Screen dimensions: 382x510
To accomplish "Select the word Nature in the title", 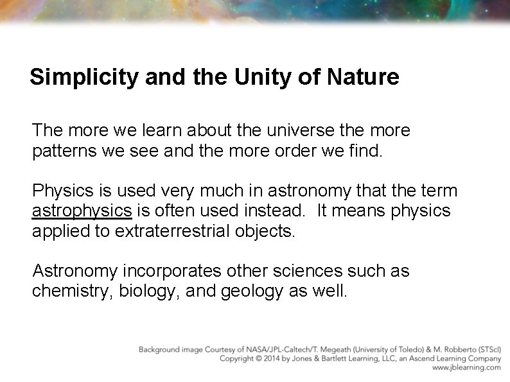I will point(363,78).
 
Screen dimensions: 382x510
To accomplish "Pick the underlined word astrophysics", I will point(82,210).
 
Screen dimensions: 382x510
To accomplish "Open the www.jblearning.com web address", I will point(466,368).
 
